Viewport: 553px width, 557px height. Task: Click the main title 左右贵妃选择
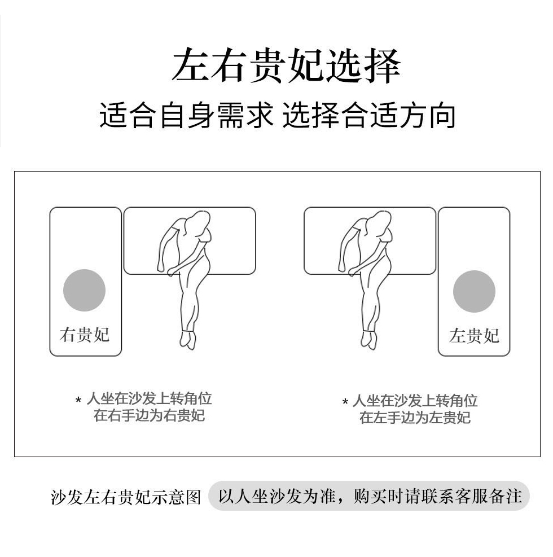pyautogui.click(x=286, y=66)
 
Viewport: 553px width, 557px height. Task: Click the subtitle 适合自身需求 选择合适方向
pyautogui.click(x=278, y=115)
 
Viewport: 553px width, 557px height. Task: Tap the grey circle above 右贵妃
pyautogui.click(x=84, y=290)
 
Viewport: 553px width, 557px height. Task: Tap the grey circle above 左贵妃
pyautogui.click(x=474, y=291)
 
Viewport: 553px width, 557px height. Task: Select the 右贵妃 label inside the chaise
pyautogui.click(x=85, y=335)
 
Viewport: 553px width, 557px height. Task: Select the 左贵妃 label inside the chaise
pyautogui.click(x=474, y=336)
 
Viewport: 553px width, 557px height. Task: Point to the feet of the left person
pyautogui.click(x=188, y=340)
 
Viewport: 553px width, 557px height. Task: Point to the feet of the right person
pyautogui.click(x=369, y=340)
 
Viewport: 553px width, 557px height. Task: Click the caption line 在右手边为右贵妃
pyautogui.click(x=149, y=415)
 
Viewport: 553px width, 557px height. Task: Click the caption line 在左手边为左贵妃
pyautogui.click(x=415, y=418)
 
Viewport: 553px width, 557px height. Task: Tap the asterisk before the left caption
pyautogui.click(x=78, y=400)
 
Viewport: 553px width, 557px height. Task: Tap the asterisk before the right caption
pyautogui.click(x=345, y=402)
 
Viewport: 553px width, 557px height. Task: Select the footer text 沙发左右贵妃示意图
pyautogui.click(x=126, y=497)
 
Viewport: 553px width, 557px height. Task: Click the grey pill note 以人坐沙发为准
pyautogui.click(x=278, y=496)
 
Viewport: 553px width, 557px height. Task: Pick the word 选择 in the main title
pyautogui.click(x=363, y=66)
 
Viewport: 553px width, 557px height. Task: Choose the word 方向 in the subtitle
pyautogui.click(x=427, y=115)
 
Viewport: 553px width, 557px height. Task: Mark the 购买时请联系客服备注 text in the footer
pyautogui.click(x=437, y=496)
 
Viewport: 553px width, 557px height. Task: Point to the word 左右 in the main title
pyautogui.click(x=209, y=66)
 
